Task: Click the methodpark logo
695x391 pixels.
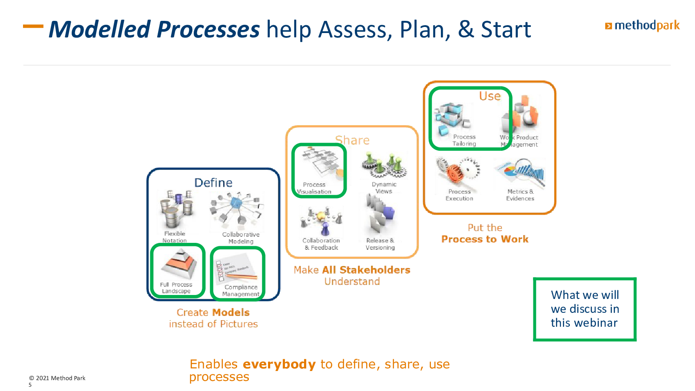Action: pyautogui.click(x=642, y=26)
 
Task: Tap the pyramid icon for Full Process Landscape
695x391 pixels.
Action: pyautogui.click(x=179, y=264)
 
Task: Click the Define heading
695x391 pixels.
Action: pyautogui.click(x=213, y=182)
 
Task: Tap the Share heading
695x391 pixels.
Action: pyautogui.click(x=352, y=140)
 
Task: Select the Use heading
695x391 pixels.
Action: pyautogui.click(x=490, y=96)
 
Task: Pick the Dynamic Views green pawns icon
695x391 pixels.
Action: pyautogui.click(x=384, y=165)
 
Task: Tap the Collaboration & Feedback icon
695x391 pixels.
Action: pyautogui.click(x=321, y=220)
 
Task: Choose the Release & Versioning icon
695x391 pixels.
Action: pyautogui.click(x=380, y=215)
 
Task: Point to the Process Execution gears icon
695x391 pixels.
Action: pyautogui.click(x=458, y=172)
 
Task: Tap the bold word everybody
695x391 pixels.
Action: pyautogui.click(x=279, y=364)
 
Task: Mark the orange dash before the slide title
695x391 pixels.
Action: pyautogui.click(x=33, y=26)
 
